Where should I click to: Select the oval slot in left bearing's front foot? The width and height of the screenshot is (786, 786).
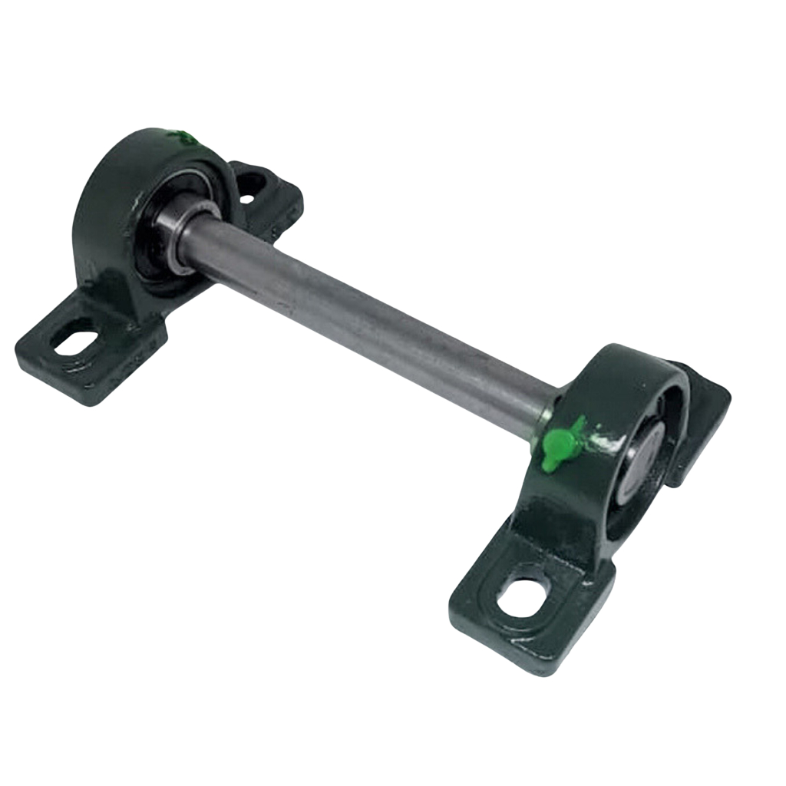click(x=77, y=342)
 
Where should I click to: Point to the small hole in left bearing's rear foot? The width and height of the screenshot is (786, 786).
click(x=247, y=198)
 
